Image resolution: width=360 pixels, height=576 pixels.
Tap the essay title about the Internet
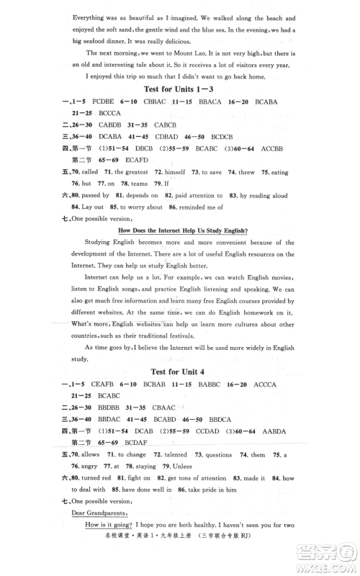click(178, 230)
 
